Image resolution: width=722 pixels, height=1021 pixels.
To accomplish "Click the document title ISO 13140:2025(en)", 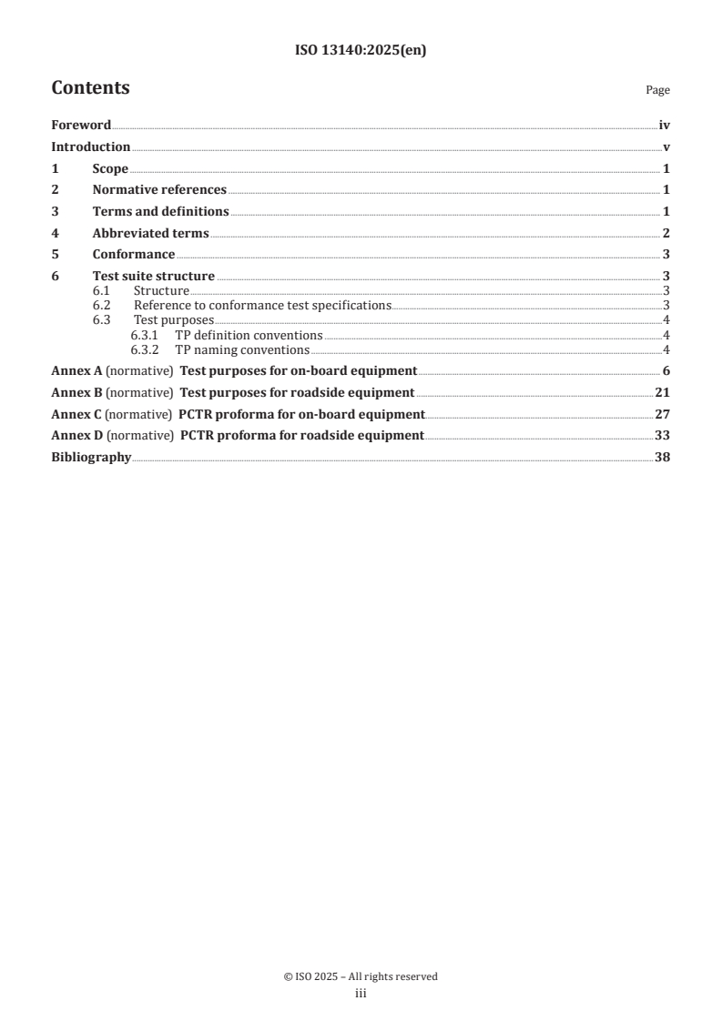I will [361, 51].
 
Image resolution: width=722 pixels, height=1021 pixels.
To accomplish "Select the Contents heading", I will [90, 88].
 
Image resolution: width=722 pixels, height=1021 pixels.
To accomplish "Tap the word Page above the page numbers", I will [657, 90].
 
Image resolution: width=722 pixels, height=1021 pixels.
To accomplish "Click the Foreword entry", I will [81, 126].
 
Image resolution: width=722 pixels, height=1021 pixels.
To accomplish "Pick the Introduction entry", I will [90, 147].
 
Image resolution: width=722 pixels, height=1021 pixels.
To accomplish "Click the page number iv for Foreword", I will [664, 126].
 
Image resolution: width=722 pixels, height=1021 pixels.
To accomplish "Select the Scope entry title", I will [110, 168].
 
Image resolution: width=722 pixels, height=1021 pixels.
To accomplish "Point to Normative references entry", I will [159, 190].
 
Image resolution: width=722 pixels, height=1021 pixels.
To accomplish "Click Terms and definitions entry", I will [160, 211].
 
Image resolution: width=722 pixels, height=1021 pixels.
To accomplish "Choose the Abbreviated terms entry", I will [150, 233].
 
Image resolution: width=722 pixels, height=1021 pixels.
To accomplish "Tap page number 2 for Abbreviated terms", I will [666, 233].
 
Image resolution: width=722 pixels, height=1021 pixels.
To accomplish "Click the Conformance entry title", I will [134, 254].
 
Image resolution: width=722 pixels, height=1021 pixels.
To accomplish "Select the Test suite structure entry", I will [153, 276].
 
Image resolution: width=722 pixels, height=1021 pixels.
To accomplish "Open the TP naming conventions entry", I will [242, 349].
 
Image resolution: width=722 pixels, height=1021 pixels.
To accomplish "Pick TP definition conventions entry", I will [249, 335].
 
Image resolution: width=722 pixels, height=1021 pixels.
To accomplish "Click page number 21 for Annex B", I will [662, 392].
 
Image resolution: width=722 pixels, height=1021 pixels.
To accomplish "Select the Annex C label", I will [76, 414].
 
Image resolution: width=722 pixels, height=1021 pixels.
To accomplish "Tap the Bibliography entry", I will [91, 457].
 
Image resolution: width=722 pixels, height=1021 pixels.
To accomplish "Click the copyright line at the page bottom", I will [361, 976].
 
